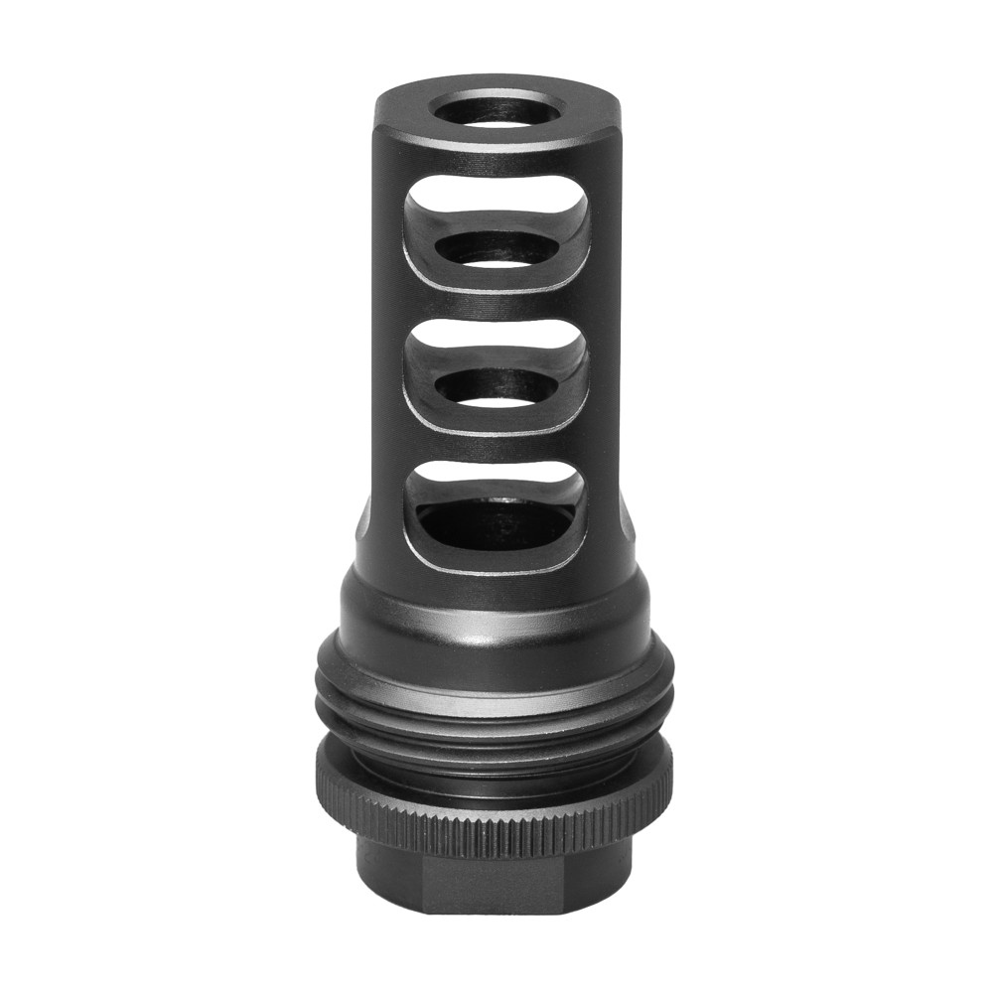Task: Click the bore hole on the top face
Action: [496, 108]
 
